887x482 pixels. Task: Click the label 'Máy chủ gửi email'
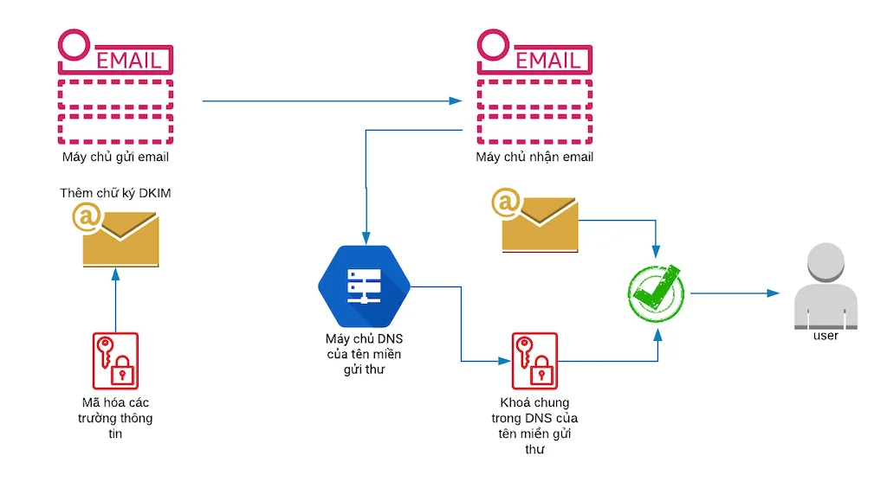pyautogui.click(x=115, y=157)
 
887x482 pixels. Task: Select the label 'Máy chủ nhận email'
pyautogui.click(x=534, y=157)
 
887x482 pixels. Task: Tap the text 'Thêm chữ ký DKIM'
pyautogui.click(x=115, y=193)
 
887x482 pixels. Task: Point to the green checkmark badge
pyautogui.click(x=655, y=293)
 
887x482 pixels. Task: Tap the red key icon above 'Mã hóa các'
pyautogui.click(x=115, y=358)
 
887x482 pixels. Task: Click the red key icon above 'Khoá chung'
pyautogui.click(x=534, y=358)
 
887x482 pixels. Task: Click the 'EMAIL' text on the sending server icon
pyautogui.click(x=129, y=61)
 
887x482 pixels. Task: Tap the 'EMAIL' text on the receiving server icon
pyautogui.click(x=548, y=61)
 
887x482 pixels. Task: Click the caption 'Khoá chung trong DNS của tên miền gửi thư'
pyautogui.click(x=534, y=427)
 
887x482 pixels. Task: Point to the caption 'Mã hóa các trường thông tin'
pyautogui.click(x=115, y=418)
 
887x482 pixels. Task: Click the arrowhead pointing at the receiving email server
pyautogui.click(x=456, y=101)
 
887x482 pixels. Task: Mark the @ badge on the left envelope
pyautogui.click(x=87, y=220)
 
